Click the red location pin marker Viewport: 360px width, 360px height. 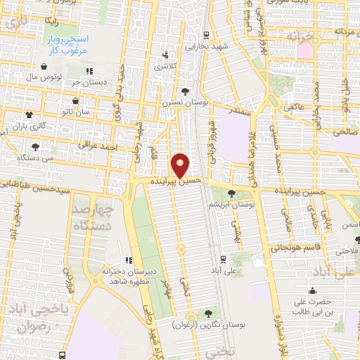(181, 165)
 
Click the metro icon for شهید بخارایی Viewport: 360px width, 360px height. (205, 34)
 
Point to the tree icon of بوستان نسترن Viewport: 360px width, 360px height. (185, 91)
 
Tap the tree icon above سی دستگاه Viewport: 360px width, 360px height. (35, 147)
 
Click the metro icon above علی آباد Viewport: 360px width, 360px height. (223, 258)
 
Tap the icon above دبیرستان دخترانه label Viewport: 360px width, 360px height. (128, 261)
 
